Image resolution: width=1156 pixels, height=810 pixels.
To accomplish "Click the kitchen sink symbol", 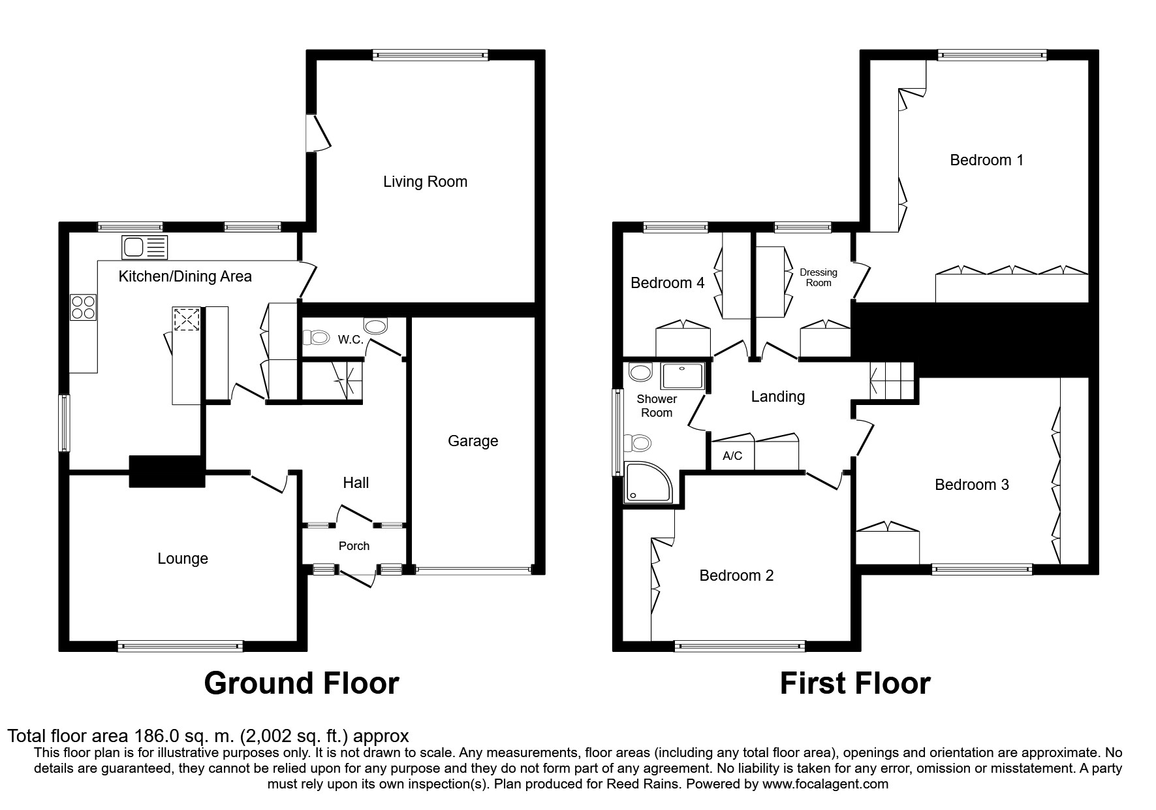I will coord(144,248).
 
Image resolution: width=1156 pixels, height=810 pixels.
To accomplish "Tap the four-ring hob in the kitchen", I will coord(84,307).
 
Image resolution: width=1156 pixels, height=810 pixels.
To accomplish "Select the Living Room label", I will coord(425,182).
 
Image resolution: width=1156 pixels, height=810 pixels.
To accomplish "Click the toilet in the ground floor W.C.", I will coord(317,338).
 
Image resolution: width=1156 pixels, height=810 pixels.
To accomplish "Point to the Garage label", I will coord(473,441).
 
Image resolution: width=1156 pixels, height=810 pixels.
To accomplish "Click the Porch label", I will coord(354,546).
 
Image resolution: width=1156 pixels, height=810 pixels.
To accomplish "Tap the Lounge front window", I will coord(180,646).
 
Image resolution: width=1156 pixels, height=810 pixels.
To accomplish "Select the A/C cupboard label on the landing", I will coord(732,456).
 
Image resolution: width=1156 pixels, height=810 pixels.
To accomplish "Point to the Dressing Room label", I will coord(818,278).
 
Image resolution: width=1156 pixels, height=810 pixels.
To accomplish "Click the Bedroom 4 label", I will coord(667,283).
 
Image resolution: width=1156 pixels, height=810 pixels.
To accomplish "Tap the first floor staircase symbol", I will coord(892,380).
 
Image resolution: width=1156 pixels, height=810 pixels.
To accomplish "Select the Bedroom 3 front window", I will coord(982,569).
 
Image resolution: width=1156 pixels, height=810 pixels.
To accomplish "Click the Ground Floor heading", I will coord(301,683).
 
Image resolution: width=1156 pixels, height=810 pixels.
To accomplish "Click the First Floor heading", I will coord(854,683).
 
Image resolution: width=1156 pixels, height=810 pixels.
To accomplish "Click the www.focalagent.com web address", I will coord(824,784).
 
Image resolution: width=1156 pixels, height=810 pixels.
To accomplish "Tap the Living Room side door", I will coord(313,134).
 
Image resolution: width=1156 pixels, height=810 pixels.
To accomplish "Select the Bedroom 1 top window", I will coord(992,56).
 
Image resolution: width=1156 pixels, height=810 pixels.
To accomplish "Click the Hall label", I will coord(356,483).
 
